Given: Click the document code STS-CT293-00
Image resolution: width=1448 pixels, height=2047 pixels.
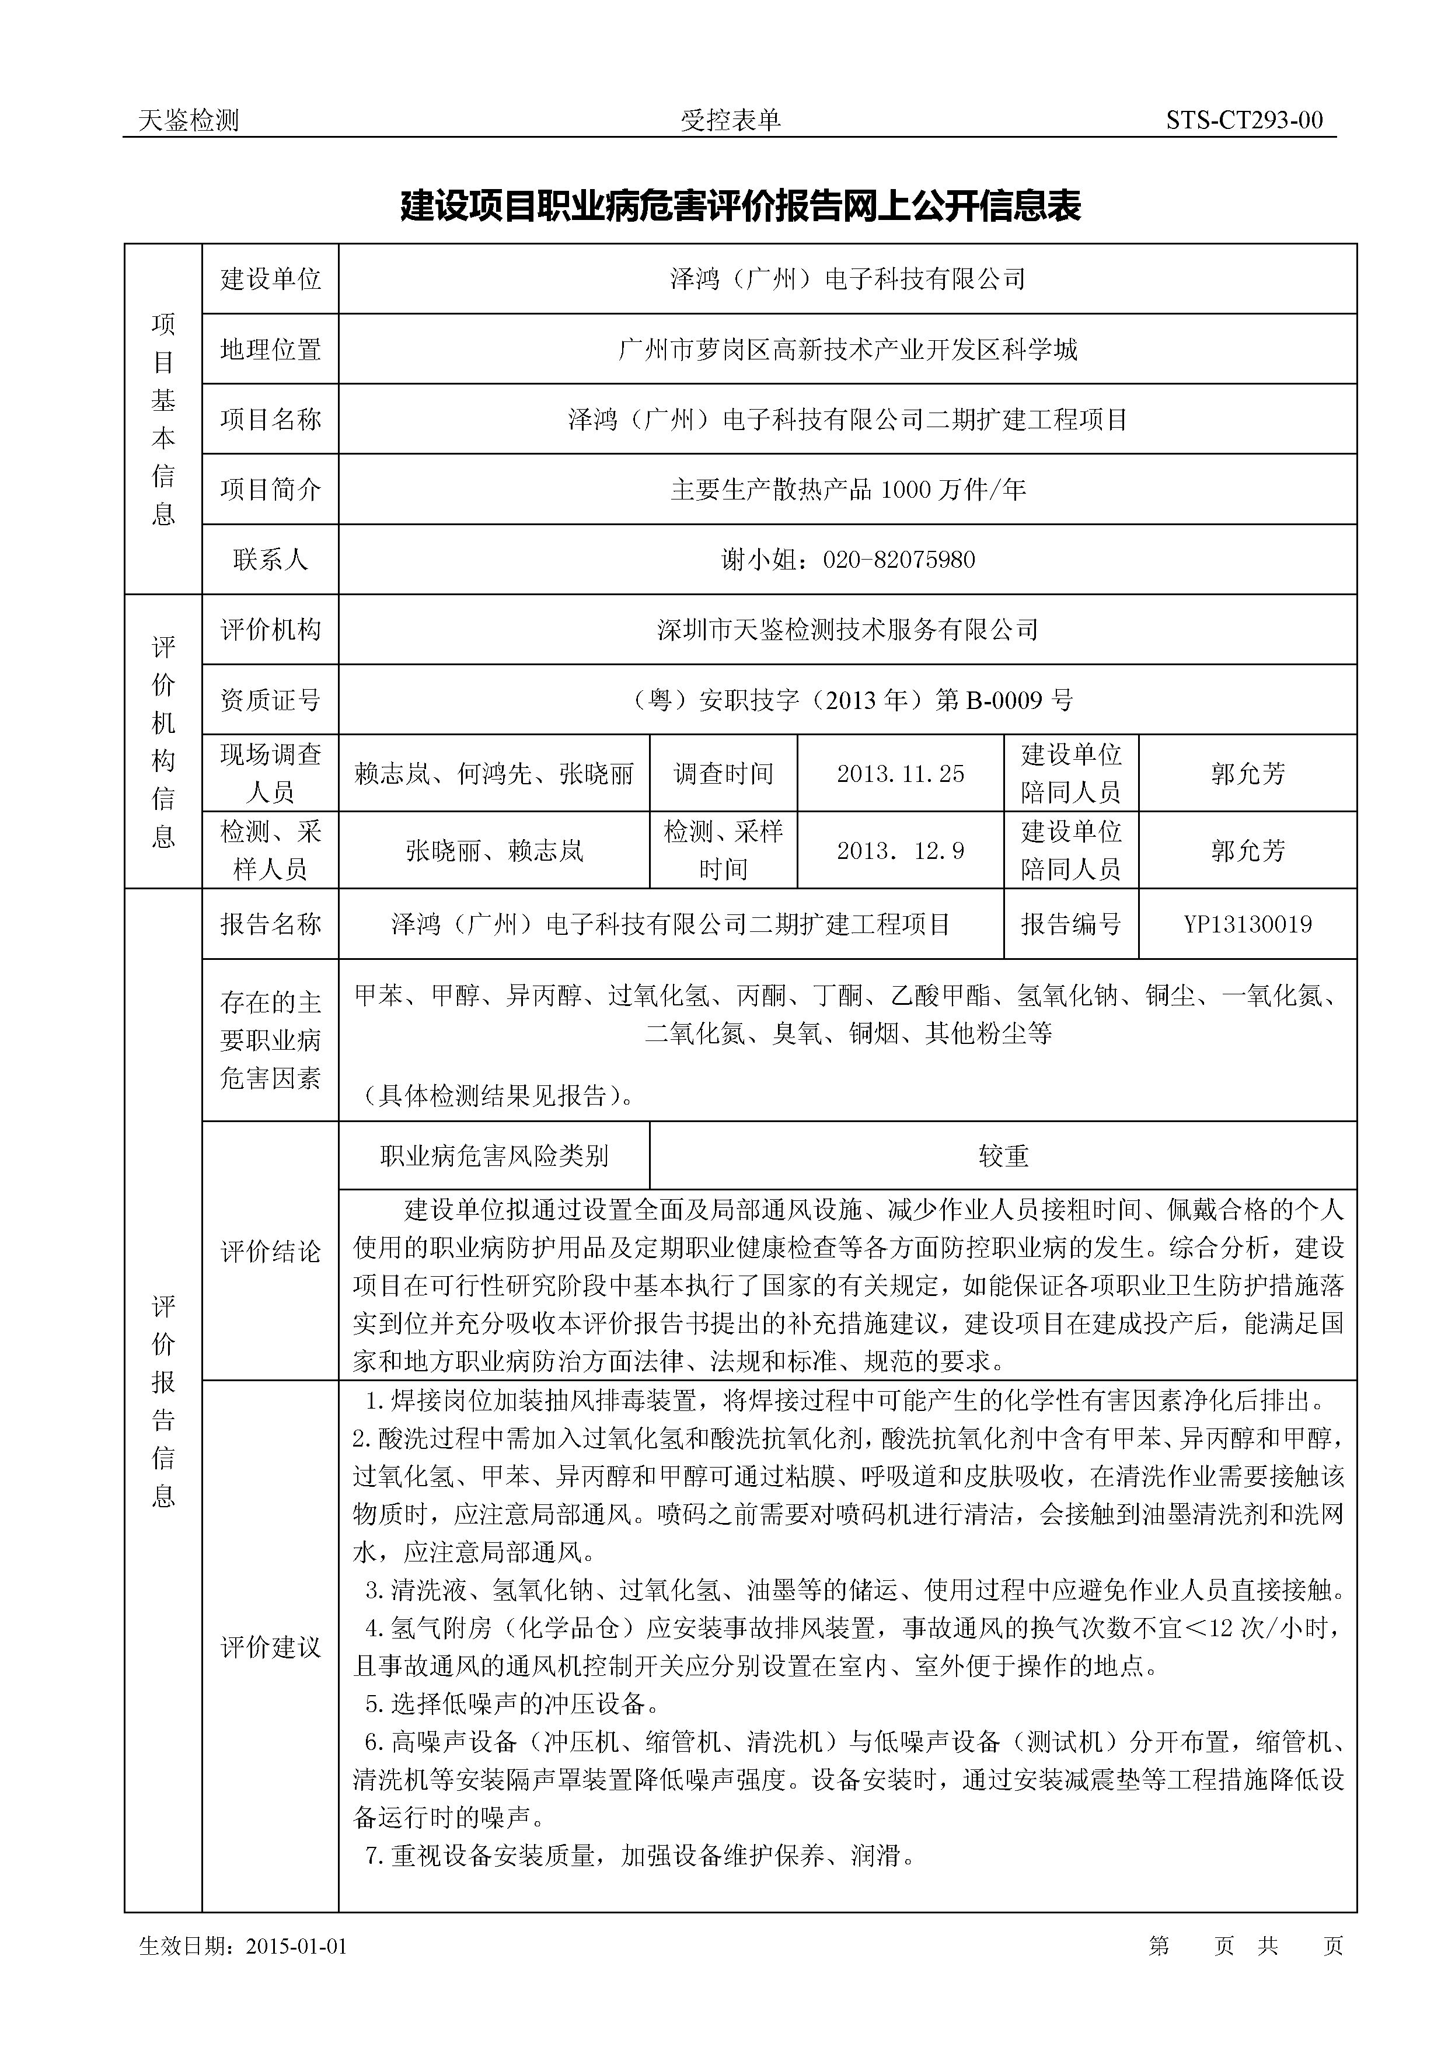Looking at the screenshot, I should [x=1244, y=120].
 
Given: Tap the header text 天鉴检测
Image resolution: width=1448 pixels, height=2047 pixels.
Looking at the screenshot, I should [x=189, y=120].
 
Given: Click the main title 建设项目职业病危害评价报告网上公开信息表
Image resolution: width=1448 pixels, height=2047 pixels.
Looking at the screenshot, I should [x=740, y=206].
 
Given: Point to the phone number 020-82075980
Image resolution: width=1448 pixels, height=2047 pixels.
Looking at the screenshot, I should [x=898, y=560].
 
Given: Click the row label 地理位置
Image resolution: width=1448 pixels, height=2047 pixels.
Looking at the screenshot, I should [x=270, y=350].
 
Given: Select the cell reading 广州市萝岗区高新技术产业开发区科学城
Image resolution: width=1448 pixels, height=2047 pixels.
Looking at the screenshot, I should [x=847, y=350].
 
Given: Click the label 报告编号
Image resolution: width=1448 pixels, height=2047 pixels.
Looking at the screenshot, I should [x=1071, y=924].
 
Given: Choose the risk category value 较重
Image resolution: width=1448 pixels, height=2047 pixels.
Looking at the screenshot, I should [x=1003, y=1157].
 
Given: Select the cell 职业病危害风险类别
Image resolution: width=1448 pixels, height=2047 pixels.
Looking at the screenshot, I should [x=494, y=1157].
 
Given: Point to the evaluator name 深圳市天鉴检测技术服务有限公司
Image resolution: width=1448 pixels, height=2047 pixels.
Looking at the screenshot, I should [x=847, y=630].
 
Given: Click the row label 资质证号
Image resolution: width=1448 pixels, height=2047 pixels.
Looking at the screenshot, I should [x=270, y=700].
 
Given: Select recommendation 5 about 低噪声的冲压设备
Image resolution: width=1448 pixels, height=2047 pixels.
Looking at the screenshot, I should [x=512, y=1704].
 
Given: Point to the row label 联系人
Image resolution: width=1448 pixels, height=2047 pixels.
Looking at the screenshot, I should [x=270, y=560].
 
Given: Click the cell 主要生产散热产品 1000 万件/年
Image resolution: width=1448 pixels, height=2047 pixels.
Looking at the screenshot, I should [x=847, y=490].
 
